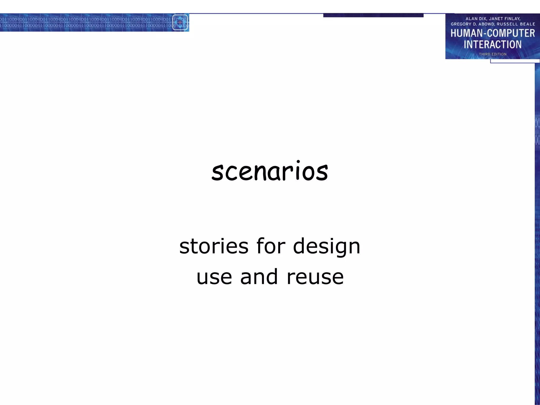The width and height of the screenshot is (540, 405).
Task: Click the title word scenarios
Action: (269, 172)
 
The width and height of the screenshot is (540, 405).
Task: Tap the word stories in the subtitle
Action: (214, 246)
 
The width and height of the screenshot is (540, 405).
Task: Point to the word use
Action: (214, 277)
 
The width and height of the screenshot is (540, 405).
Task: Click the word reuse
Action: (315, 277)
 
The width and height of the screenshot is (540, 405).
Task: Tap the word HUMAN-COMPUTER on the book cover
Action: (493, 33)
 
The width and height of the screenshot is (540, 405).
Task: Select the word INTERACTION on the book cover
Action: (493, 44)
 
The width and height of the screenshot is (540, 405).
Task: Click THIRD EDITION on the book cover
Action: (493, 54)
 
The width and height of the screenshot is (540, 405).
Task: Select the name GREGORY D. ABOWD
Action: (472, 24)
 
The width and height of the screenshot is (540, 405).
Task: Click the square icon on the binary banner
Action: (180, 22)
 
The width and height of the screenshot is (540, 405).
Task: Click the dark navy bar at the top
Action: (373, 15)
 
